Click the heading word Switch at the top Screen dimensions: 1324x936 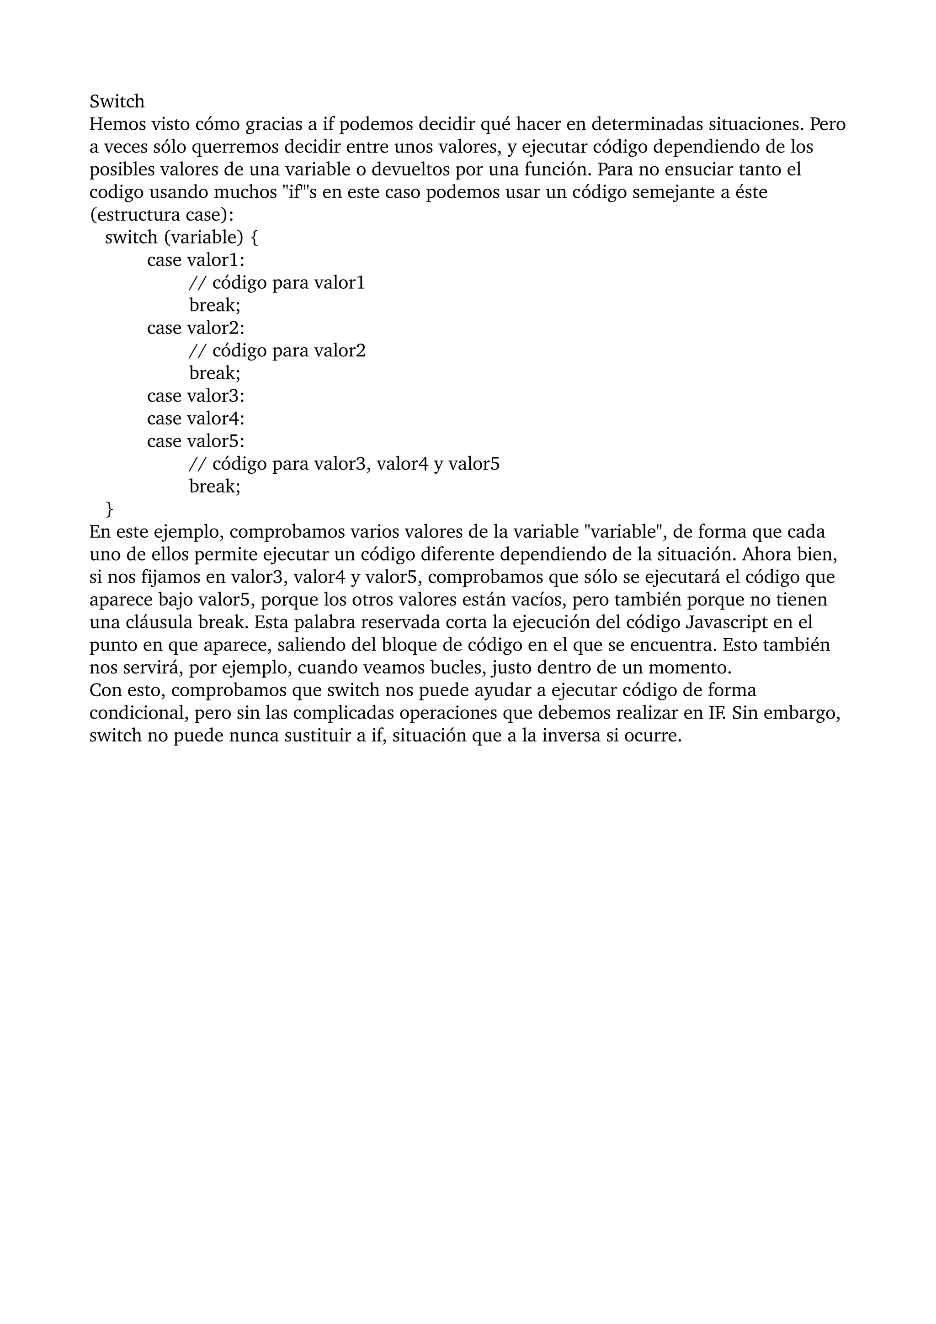117,101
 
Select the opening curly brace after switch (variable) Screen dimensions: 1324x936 255,238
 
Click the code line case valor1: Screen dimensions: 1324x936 196,260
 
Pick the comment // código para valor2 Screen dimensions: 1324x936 277,350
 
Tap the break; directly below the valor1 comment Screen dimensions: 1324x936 214,305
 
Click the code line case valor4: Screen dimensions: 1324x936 196,418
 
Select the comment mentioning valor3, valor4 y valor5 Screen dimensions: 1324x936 344,464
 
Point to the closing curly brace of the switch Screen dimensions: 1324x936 110,509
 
